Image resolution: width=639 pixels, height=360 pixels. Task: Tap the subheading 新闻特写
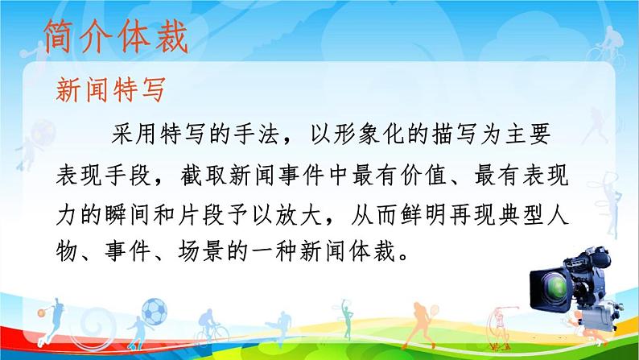click(111, 90)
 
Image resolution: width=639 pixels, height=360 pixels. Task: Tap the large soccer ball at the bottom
click(155, 308)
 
